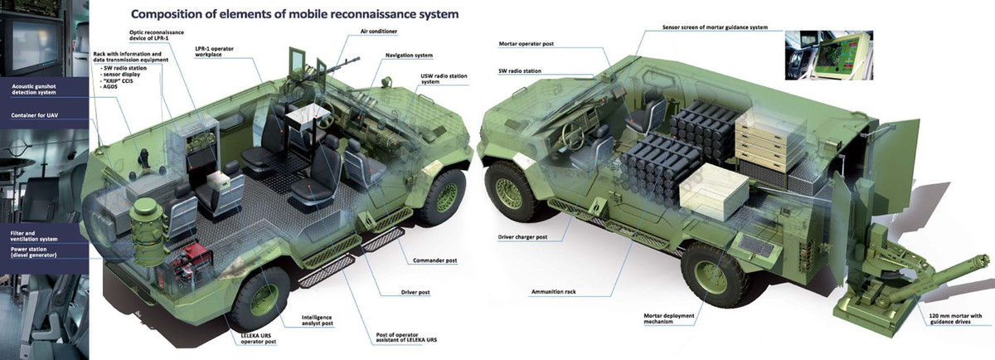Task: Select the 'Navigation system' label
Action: pyautogui.click(x=409, y=55)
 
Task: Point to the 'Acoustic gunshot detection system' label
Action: pyautogui.click(x=40, y=89)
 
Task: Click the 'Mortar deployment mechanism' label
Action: pyautogui.click(x=671, y=319)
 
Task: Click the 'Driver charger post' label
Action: pyautogui.click(x=523, y=236)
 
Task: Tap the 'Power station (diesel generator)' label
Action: pyautogui.click(x=36, y=251)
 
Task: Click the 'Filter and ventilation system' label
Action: pyautogui.click(x=35, y=236)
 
